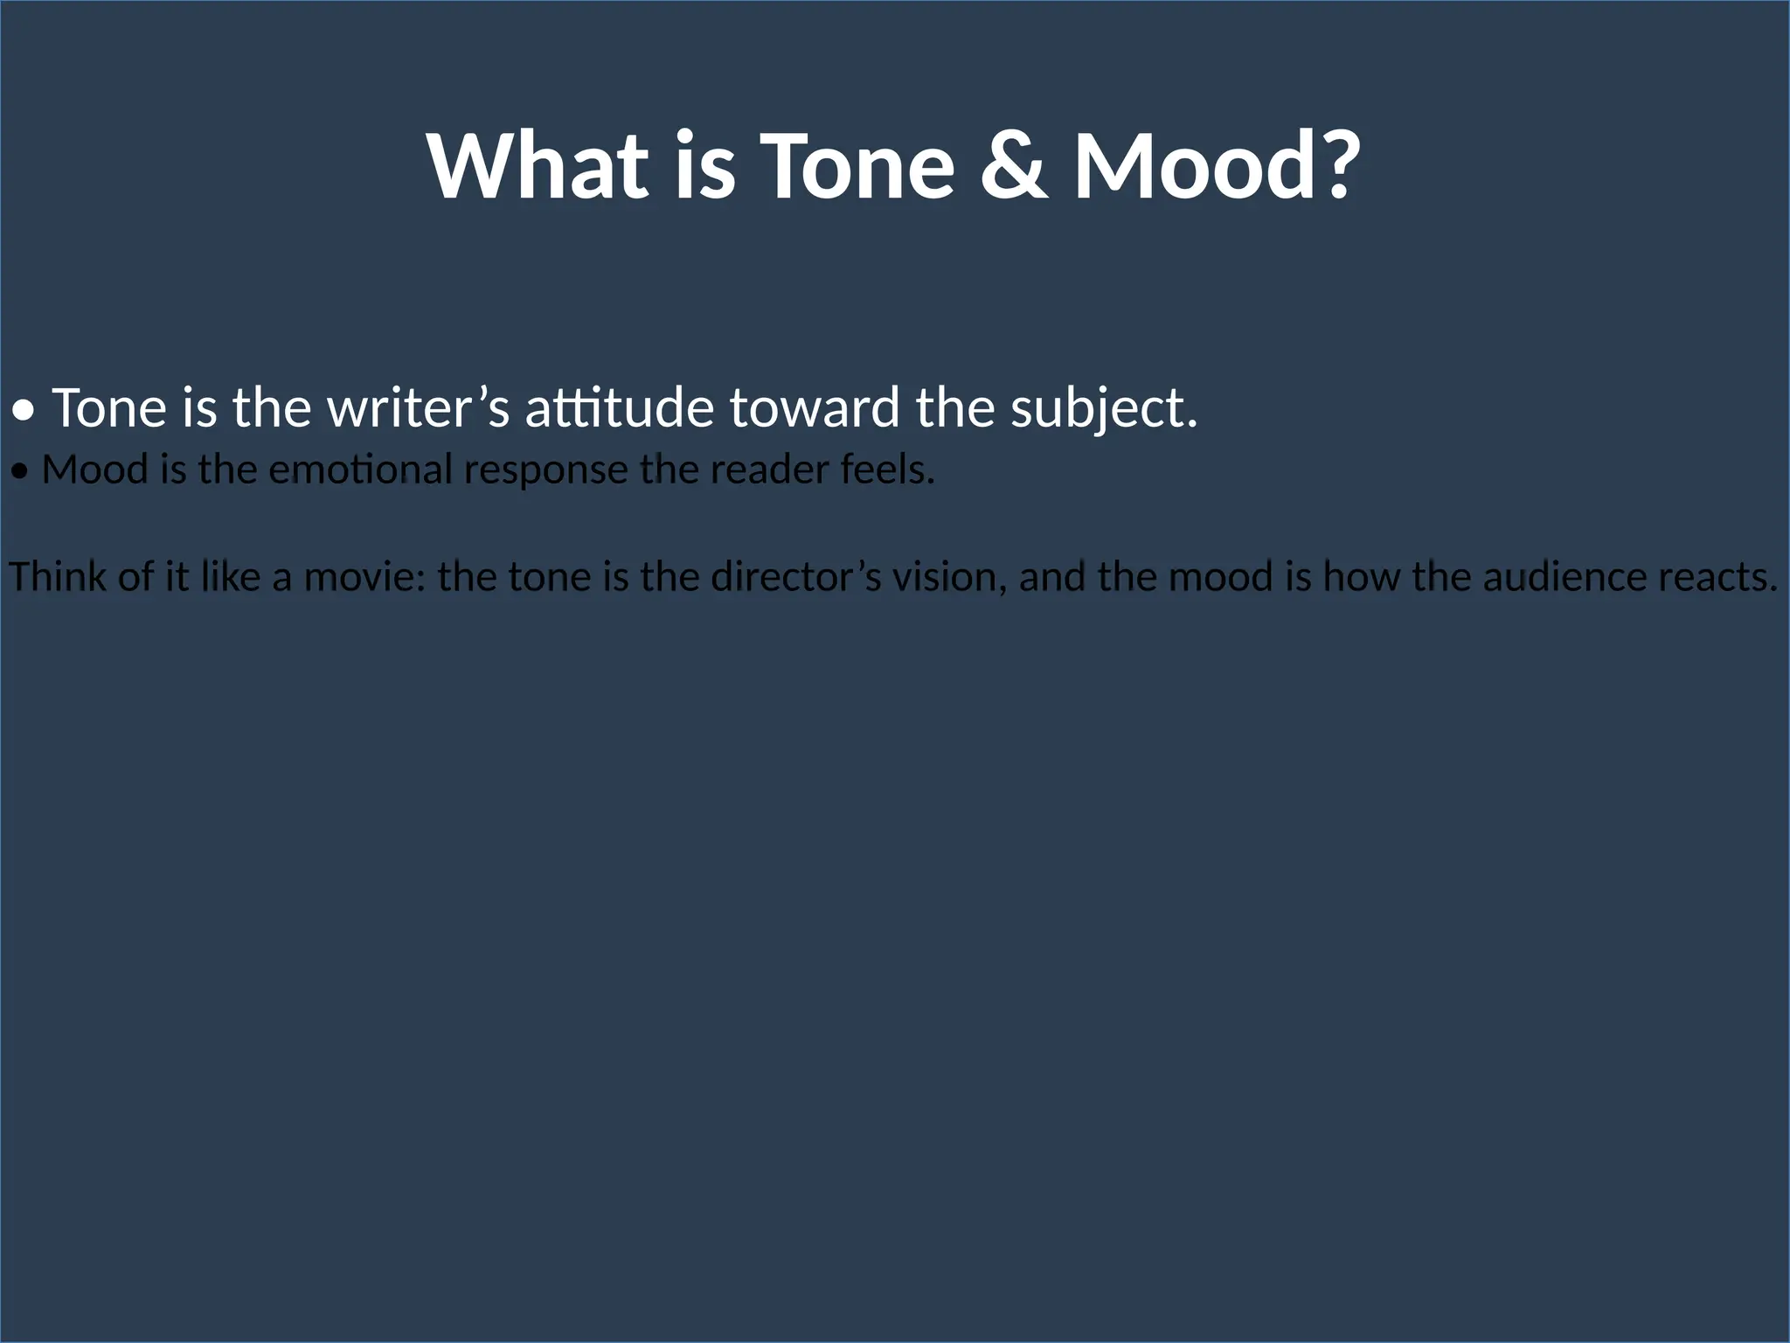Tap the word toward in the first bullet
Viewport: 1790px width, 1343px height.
pyautogui.click(x=814, y=408)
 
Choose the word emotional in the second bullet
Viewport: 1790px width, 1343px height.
pyautogui.click(x=360, y=470)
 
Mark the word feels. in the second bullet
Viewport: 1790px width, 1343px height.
pyautogui.click(x=887, y=470)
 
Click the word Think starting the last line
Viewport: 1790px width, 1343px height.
pyautogui.click(x=57, y=577)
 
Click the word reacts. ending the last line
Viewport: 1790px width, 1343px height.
pyautogui.click(x=1717, y=577)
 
